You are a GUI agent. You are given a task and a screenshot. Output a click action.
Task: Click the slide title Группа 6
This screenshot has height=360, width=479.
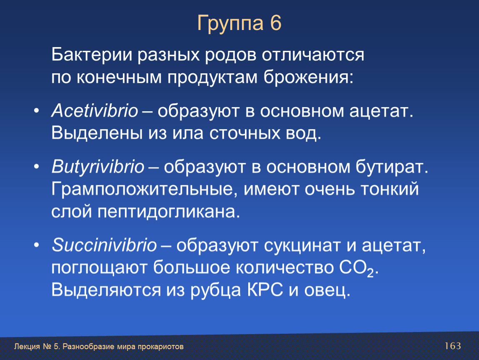239,24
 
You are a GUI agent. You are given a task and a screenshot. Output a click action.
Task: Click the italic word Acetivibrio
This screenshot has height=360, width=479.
95,111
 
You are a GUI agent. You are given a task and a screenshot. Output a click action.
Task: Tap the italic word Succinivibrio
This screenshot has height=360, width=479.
104,245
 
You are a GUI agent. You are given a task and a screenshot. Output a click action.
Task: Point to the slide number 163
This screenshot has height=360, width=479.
453,346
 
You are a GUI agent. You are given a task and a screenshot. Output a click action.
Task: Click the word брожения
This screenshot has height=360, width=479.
309,77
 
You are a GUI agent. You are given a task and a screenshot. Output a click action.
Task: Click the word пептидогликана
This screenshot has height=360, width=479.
169,212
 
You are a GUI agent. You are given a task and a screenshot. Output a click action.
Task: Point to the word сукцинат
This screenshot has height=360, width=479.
302,245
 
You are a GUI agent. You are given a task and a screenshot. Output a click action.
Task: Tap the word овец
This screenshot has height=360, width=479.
327,290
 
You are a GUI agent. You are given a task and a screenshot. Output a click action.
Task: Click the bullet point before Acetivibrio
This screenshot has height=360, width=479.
36,111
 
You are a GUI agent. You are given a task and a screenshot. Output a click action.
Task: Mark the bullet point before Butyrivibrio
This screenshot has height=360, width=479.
36,167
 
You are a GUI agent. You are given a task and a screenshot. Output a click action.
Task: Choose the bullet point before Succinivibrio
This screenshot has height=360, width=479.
36,245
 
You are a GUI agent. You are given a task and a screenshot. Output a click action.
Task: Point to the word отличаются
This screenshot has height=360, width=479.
313,55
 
